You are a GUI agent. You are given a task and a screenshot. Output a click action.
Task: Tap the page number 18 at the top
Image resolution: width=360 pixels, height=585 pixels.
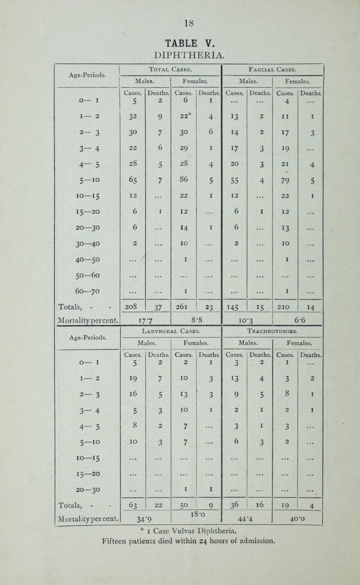[x=180, y=22]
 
